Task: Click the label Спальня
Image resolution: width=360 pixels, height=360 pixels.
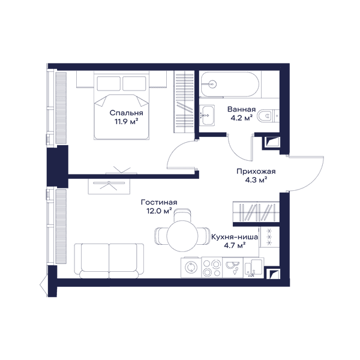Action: pos(126,113)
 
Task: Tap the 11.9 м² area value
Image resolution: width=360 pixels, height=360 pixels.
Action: pos(126,121)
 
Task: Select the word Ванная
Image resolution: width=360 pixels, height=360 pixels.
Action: pos(241,109)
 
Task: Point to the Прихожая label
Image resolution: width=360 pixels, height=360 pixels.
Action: pos(256,172)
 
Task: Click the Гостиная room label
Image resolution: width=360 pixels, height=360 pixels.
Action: pos(159,202)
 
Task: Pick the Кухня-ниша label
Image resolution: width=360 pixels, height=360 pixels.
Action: pos(235,237)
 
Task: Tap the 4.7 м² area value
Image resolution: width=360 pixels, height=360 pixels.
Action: pos(235,245)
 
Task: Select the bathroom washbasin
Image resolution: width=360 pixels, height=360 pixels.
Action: pos(207,115)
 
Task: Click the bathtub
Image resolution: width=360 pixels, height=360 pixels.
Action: pos(230,84)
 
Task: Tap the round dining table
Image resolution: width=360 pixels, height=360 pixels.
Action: pos(182,236)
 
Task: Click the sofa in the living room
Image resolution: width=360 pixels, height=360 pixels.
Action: pos(109,260)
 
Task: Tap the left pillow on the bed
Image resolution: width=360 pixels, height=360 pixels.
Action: pos(109,83)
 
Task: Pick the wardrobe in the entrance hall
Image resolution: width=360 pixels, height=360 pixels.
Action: pos(256,212)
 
